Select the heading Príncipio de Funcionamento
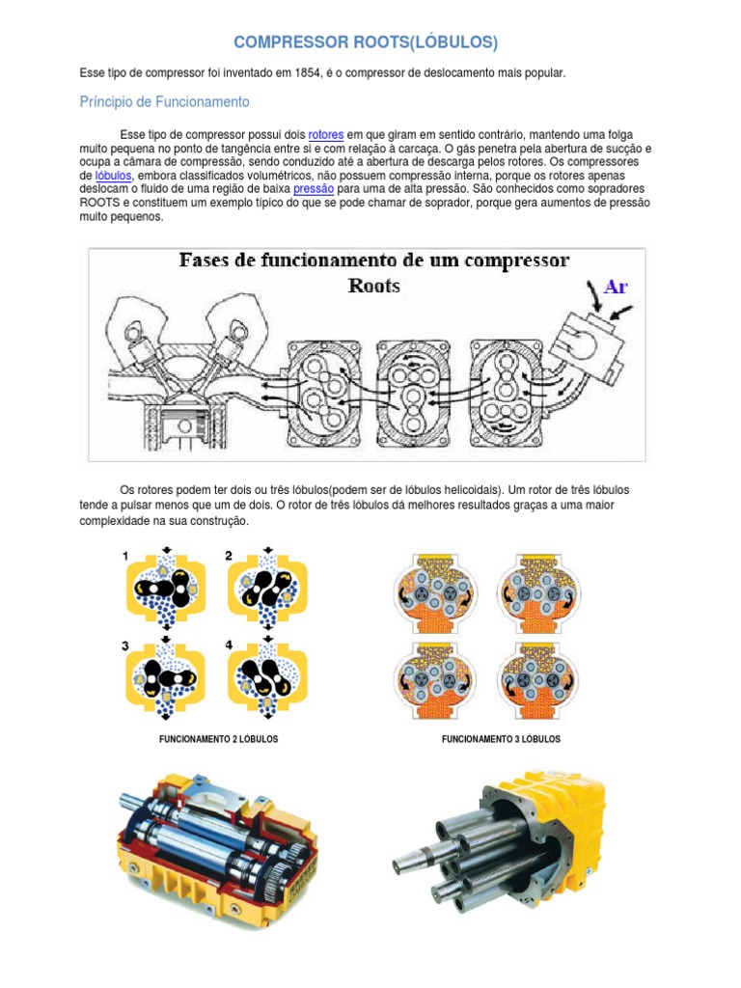pyautogui.click(x=164, y=101)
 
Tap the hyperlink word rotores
pyautogui.click(x=326, y=135)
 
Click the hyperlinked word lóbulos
pyautogui.click(x=114, y=177)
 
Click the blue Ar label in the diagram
pyautogui.click(x=616, y=287)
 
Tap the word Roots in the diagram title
pyautogui.click(x=373, y=286)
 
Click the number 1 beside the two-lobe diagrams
pyautogui.click(x=125, y=556)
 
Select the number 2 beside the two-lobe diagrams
pyautogui.click(x=229, y=556)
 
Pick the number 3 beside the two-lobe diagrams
pyautogui.click(x=125, y=645)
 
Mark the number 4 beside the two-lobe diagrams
pyautogui.click(x=229, y=645)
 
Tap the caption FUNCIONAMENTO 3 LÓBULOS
pyautogui.click(x=501, y=739)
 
